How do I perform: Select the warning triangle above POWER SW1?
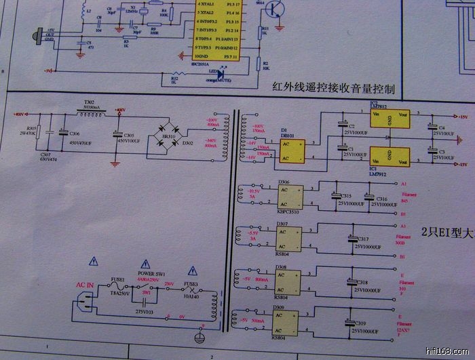tap(144, 264)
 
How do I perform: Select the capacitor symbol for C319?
tap(351, 325)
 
